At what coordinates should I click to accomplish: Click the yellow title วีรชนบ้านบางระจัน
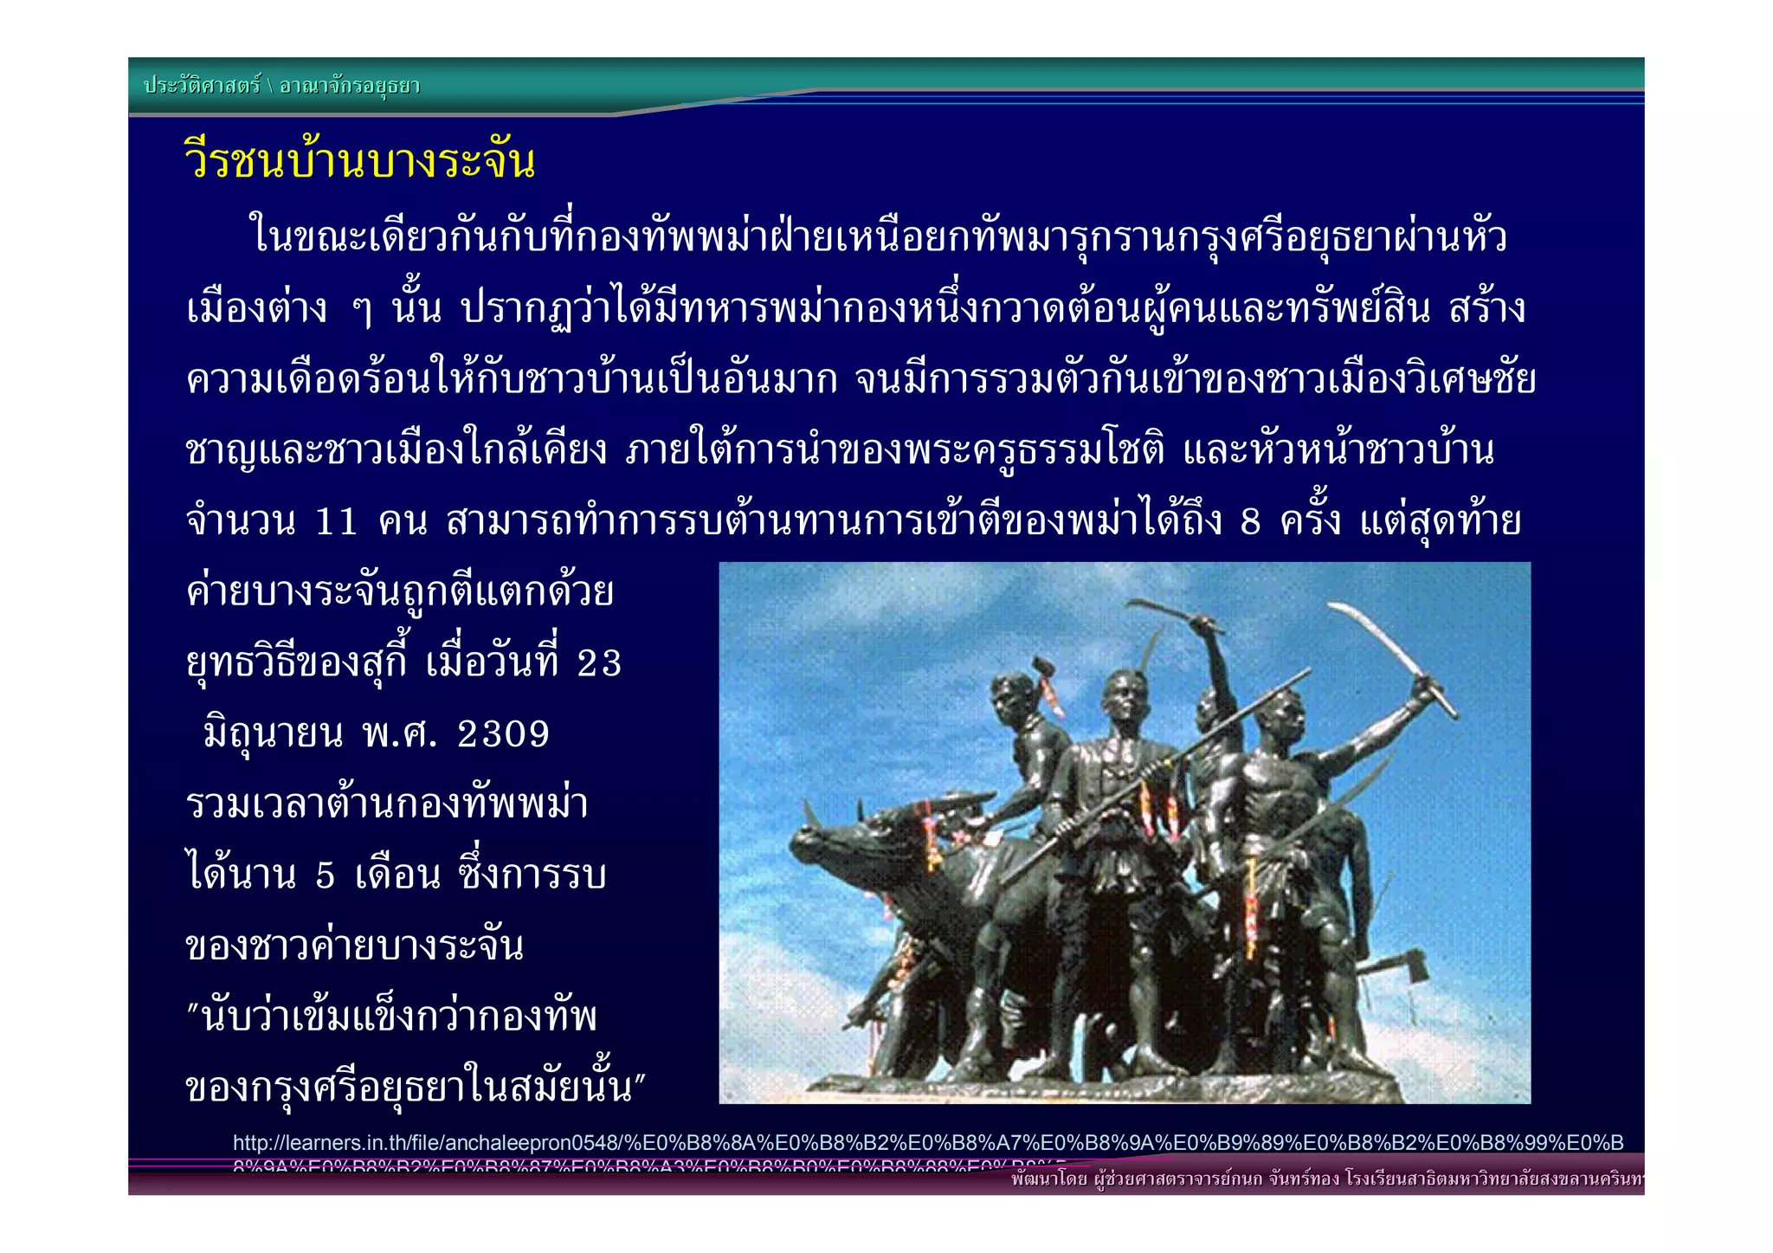[360, 161]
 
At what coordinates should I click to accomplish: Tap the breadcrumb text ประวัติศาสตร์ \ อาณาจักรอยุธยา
[281, 86]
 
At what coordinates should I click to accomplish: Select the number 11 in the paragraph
[336, 522]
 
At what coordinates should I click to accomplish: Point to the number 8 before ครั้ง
[1251, 522]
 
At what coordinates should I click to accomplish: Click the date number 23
[599, 664]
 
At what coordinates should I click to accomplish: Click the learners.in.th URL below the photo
[927, 1143]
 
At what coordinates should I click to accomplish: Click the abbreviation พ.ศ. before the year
[399, 735]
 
